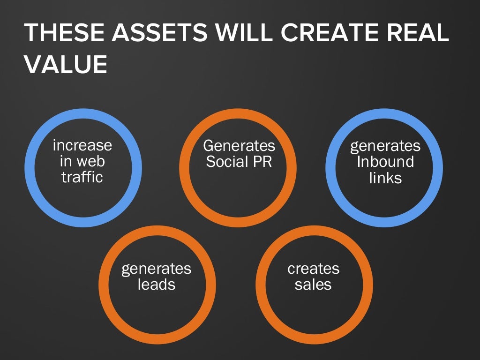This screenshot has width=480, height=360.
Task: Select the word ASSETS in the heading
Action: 148,34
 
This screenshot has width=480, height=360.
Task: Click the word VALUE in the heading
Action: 66,65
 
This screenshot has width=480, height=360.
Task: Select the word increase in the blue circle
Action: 82,145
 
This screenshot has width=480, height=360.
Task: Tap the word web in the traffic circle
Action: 90,161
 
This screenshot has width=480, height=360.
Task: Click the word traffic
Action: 82,177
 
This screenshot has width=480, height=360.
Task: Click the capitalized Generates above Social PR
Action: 239,145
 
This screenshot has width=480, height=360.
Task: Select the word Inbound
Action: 385,162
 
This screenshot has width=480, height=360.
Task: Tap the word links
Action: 385,178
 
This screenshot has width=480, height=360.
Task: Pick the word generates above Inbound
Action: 385,146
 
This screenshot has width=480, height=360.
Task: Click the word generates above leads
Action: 157,269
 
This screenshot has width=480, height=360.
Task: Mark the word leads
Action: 157,285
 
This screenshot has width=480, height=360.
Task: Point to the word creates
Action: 313,269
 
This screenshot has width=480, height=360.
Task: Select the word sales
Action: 313,285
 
